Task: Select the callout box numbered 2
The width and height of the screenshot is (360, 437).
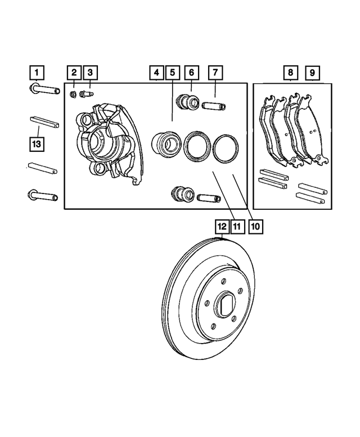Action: click(74, 73)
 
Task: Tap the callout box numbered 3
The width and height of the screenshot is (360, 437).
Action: click(89, 73)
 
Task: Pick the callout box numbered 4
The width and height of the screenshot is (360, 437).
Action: click(156, 73)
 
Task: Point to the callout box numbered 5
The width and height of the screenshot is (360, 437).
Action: click(172, 73)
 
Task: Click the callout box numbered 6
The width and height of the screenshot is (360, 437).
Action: click(191, 73)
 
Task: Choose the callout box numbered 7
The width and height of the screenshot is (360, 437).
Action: click(215, 73)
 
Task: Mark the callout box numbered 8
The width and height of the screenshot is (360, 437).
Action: click(290, 73)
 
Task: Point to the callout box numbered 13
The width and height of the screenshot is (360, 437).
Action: click(36, 145)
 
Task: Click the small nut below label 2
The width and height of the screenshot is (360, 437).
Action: click(74, 93)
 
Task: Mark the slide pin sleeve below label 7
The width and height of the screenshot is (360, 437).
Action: click(214, 105)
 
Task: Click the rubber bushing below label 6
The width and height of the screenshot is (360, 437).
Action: click(186, 102)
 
